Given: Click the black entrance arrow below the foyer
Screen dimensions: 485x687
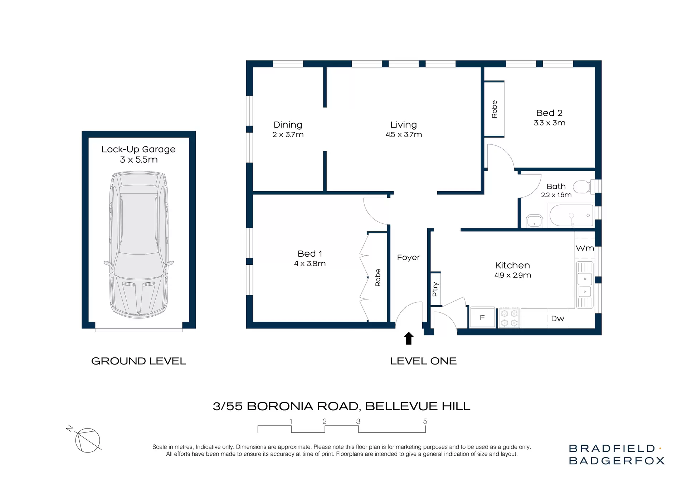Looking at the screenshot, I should [x=409, y=338].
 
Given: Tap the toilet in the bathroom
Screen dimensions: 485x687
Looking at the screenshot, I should [x=583, y=187].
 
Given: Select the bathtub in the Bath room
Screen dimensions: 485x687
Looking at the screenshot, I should [x=571, y=215].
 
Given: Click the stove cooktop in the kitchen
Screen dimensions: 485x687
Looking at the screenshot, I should [x=509, y=318].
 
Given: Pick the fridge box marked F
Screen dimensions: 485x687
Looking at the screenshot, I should [x=482, y=317].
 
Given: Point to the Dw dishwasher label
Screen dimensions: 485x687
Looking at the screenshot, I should [x=557, y=318].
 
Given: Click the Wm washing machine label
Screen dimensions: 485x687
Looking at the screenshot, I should [x=585, y=248].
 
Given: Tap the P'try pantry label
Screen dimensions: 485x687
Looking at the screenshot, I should [x=435, y=289].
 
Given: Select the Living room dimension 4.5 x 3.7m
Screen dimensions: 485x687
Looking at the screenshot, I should [x=404, y=135].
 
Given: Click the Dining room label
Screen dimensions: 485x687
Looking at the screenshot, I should [x=288, y=125].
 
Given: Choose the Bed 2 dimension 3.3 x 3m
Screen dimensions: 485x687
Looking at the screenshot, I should [x=549, y=123].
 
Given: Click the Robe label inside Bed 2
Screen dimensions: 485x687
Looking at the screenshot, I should [x=494, y=109].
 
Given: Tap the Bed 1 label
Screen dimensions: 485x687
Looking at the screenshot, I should [x=310, y=253].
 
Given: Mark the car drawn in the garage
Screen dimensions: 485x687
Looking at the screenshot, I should [x=139, y=244].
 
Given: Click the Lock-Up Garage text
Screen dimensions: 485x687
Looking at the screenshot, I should [x=138, y=149].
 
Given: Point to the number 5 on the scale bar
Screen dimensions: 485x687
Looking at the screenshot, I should [x=425, y=421].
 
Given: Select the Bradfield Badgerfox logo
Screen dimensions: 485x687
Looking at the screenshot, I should [x=616, y=454].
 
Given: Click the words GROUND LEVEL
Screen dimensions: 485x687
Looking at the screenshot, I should [x=138, y=361].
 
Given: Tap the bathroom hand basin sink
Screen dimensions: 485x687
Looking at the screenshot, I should [x=534, y=221].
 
